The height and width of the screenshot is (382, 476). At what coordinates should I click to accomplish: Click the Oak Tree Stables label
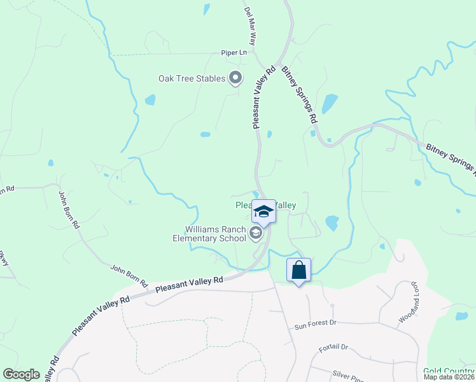(192, 78)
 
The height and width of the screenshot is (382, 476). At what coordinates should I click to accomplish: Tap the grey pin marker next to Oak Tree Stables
(235, 78)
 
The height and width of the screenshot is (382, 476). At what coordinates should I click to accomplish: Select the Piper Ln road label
(234, 53)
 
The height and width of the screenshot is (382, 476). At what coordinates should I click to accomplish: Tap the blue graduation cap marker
(263, 211)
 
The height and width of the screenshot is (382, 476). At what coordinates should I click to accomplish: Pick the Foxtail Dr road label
(334, 347)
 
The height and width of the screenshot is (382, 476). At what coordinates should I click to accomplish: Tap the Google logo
(22, 374)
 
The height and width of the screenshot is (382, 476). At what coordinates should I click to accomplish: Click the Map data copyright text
(449, 377)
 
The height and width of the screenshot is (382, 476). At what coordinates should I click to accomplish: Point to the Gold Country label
(449, 371)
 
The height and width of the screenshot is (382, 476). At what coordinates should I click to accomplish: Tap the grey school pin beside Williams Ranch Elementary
(256, 234)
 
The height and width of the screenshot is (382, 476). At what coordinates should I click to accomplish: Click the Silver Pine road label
(347, 374)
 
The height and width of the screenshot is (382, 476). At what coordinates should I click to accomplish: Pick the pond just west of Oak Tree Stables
(150, 99)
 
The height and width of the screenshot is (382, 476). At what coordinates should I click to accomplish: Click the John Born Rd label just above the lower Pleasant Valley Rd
(130, 274)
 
